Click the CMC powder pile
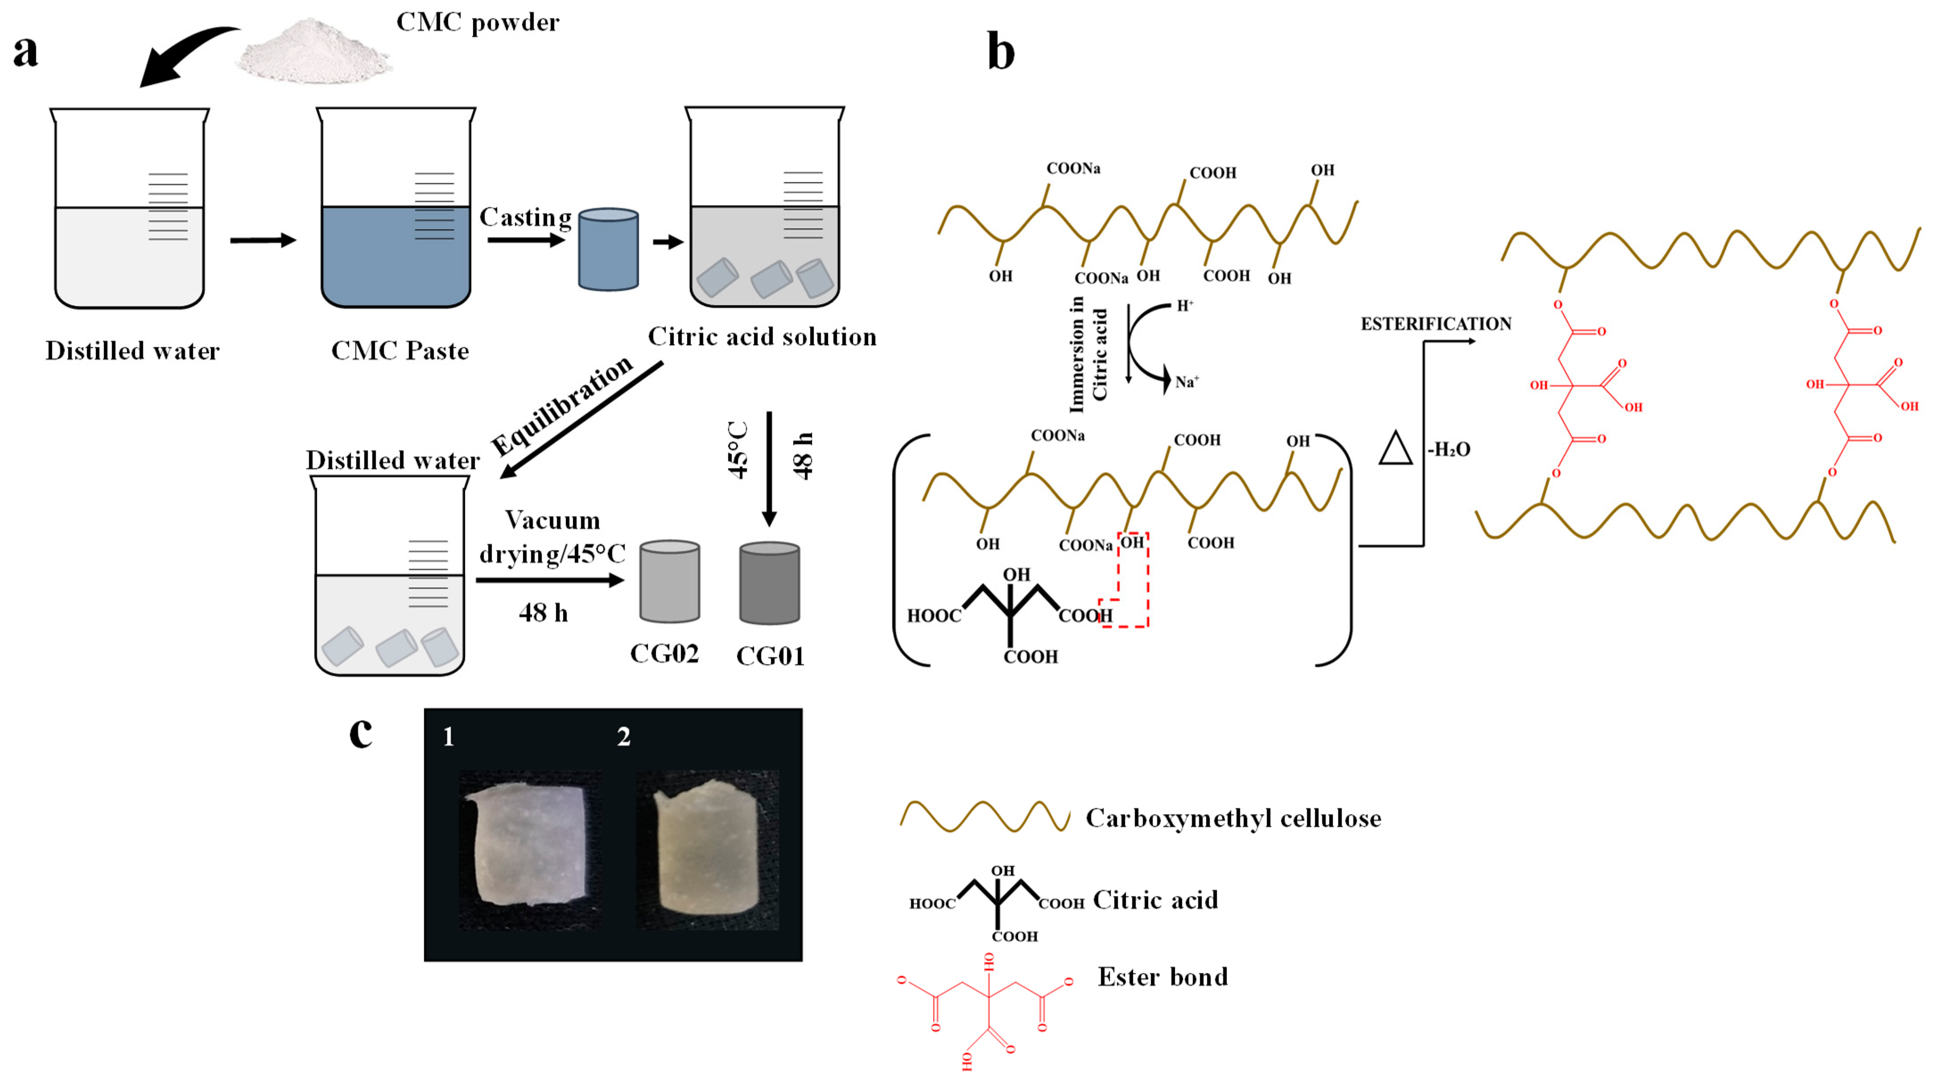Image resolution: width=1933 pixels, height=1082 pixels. point(313,53)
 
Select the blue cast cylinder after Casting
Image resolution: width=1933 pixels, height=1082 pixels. point(608,249)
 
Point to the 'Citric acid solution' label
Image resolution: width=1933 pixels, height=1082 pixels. point(762,336)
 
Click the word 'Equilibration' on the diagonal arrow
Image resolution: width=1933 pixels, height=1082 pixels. point(563,405)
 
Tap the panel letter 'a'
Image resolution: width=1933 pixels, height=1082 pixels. point(25,51)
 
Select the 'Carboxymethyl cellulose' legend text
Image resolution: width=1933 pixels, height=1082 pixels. point(1233,818)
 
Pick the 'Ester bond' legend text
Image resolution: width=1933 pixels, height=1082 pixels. point(1162,977)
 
